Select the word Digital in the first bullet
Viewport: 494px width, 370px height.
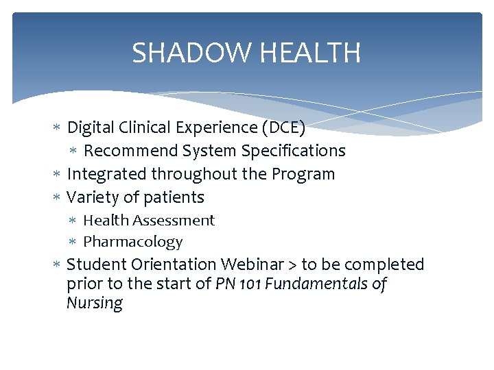pyautogui.click(x=91, y=127)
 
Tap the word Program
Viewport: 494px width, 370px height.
pyautogui.click(x=303, y=174)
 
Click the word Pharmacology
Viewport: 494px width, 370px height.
pyautogui.click(x=133, y=242)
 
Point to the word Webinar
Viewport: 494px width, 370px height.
pyautogui.click(x=252, y=264)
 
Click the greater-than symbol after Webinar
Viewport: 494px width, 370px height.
pyautogui.click(x=292, y=265)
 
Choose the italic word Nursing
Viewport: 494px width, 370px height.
pyautogui.click(x=95, y=304)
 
